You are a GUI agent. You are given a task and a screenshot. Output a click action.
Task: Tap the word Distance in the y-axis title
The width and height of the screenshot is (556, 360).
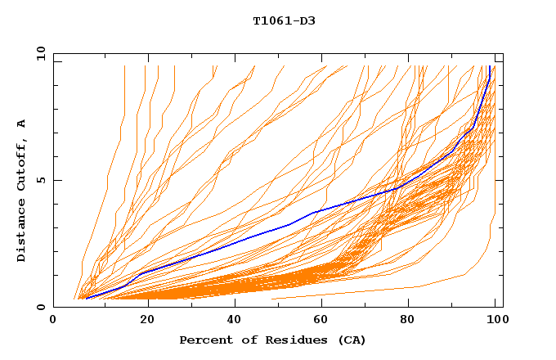pyautogui.click(x=21, y=233)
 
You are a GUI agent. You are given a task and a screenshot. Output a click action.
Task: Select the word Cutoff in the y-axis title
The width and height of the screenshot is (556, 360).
pyautogui.click(x=21, y=170)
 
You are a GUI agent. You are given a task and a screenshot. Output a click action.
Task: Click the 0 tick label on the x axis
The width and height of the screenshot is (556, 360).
pyautogui.click(x=53, y=320)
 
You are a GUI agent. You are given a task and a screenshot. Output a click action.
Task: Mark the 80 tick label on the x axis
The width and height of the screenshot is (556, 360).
pyautogui.click(x=415, y=320)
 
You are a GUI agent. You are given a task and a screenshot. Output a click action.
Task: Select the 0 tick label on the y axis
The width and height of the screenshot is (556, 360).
pyautogui.click(x=40, y=307)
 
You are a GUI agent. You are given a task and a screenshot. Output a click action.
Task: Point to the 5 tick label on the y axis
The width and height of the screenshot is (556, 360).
pyautogui.click(x=40, y=180)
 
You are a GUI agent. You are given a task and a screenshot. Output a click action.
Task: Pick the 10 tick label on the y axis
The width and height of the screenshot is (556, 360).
pyautogui.click(x=38, y=54)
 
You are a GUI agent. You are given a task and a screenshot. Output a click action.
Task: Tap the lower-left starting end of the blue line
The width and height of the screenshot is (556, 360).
pyautogui.click(x=86, y=298)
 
